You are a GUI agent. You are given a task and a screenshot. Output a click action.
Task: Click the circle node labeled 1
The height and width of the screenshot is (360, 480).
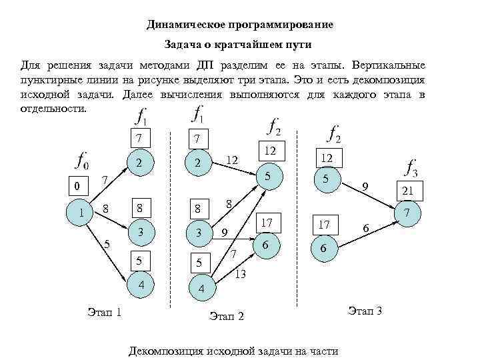pos(81,213)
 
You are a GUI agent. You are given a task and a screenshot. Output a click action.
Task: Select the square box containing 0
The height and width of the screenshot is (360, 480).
pos(77,186)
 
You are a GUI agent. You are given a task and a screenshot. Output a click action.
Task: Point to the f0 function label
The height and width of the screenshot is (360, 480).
pos(83,161)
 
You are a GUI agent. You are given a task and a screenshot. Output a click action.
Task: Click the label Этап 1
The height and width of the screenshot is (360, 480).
pos(104,311)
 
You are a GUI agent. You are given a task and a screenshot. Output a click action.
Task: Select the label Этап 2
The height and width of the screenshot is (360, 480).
pos(227,315)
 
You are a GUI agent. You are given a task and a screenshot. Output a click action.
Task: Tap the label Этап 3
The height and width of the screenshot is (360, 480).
pos(365,311)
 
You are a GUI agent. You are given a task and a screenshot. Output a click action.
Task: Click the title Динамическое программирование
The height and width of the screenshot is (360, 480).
pos(239,25)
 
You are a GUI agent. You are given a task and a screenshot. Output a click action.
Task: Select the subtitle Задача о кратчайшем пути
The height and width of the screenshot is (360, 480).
pos(238,45)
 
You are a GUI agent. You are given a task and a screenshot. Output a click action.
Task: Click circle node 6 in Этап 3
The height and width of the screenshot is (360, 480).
pos(323,248)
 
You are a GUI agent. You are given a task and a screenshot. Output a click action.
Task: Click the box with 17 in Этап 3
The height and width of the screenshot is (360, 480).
pos(324,225)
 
